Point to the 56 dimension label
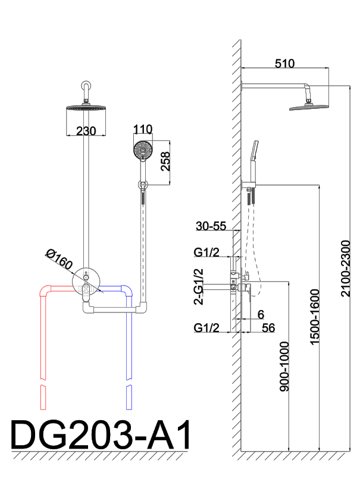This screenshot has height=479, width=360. (268, 327)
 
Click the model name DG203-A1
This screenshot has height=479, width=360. (102, 436)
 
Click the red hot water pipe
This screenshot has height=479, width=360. (42, 333)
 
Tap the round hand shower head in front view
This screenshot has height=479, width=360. (142, 150)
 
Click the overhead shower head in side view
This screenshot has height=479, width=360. (309, 106)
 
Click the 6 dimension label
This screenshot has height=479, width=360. (261, 314)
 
